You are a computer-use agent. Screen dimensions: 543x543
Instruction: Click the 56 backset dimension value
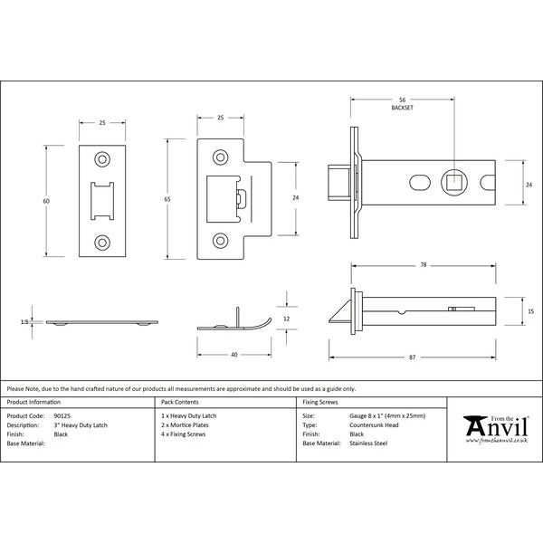coord(402,100)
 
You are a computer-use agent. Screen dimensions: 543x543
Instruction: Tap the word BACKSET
coord(402,108)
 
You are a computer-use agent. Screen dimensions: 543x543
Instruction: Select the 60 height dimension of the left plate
coord(46,201)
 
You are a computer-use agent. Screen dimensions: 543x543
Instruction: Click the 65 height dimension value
coord(167,199)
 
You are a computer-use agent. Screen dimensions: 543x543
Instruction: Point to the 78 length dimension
coord(424,265)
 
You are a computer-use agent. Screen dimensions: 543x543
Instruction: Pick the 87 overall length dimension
coord(412,357)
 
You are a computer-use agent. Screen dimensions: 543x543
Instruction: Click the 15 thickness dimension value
coord(531,311)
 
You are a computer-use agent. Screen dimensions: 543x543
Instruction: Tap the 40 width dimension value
coord(234,355)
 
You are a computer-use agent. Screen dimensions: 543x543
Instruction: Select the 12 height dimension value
coord(286,319)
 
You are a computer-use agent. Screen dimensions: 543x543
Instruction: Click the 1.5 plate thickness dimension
coord(24,322)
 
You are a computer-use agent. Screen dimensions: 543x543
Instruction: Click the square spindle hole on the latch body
coord(454,183)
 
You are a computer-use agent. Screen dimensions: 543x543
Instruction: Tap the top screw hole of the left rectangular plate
coord(102,159)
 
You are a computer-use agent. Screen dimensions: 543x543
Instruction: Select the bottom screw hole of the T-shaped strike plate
coord(220,241)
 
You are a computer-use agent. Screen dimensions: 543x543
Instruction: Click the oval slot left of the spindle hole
coord(420,183)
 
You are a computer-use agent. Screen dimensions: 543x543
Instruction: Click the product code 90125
coord(62,416)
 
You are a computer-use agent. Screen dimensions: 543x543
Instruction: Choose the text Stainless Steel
coord(368,443)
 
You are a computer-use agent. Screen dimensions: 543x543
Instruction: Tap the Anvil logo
coord(496,429)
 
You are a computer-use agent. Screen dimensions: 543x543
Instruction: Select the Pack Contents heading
coord(180,402)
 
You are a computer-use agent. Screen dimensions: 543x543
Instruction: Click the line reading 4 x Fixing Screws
coord(183,434)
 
